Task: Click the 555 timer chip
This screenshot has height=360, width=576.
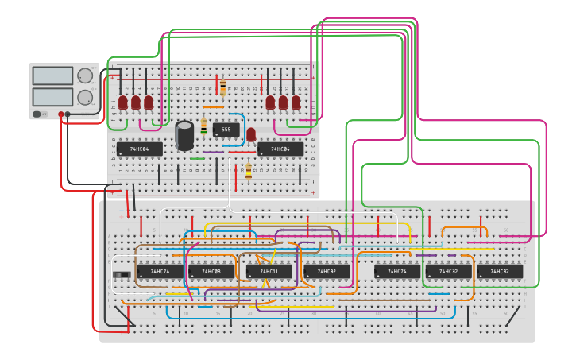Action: coord(226,130)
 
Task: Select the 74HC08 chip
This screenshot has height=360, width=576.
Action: coord(211,272)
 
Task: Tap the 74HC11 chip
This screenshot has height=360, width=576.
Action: coord(269,272)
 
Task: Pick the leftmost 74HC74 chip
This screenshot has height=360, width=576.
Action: coord(160,272)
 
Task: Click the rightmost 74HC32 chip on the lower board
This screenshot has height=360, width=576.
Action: coord(500,272)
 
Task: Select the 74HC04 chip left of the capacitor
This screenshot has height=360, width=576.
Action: coord(141,149)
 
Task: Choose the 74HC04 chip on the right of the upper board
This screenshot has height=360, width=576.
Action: coord(280,149)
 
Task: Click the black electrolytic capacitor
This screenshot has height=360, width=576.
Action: coord(184,135)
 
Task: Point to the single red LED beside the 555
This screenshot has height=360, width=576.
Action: coord(251,134)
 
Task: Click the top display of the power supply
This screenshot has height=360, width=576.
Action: coord(52,76)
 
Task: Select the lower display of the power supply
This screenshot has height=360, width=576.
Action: coord(52,98)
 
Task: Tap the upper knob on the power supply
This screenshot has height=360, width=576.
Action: coord(85,76)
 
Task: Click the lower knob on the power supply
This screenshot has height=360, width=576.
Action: coord(85,98)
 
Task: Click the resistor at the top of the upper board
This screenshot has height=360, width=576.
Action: coord(222,87)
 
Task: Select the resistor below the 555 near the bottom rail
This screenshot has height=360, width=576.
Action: coord(248,171)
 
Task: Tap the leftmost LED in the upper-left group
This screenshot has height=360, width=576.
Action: coord(123,103)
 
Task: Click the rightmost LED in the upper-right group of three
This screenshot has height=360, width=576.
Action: coord(296,103)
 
